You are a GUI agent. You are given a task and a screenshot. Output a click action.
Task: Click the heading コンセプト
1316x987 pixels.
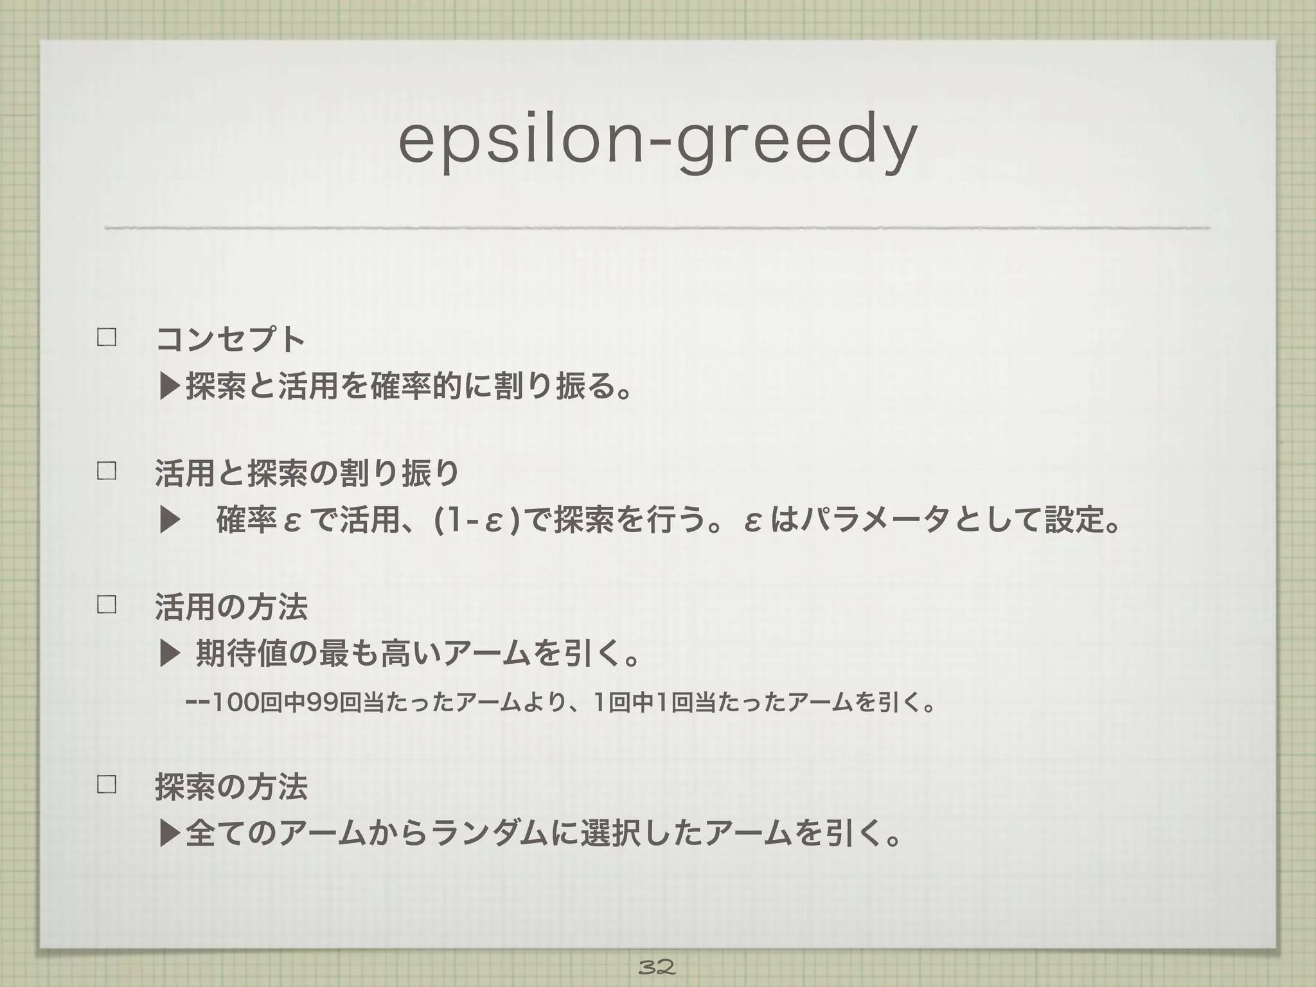pyautogui.click(x=230, y=339)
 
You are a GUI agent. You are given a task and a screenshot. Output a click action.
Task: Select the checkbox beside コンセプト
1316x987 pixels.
pyautogui.click(x=106, y=337)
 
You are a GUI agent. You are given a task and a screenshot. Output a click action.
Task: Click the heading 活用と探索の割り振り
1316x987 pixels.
pyautogui.click(x=307, y=473)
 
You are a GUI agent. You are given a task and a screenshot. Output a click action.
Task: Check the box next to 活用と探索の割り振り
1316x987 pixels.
pyautogui.click(x=106, y=471)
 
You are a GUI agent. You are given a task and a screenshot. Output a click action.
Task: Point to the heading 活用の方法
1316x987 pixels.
pyautogui.click(x=231, y=607)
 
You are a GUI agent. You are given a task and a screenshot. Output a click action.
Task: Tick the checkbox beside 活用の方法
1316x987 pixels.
pyautogui.click(x=106, y=605)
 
